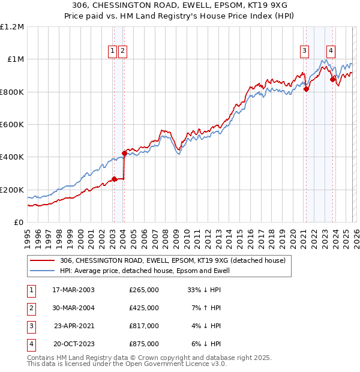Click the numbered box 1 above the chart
coord(113,52)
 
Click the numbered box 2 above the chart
coord(122,52)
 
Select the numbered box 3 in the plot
coord(305,52)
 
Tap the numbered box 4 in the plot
coord(331,52)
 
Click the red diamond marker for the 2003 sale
coord(114,179)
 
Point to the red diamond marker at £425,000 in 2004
coord(125,153)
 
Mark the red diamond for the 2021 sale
coord(306,89)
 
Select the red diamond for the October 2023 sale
coord(332,79)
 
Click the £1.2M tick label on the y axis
coord(12,27)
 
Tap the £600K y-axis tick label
coord(12,125)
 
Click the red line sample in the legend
coord(43,261)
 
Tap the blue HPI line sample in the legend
coord(43,271)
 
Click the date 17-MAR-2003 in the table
coord(73,290)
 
